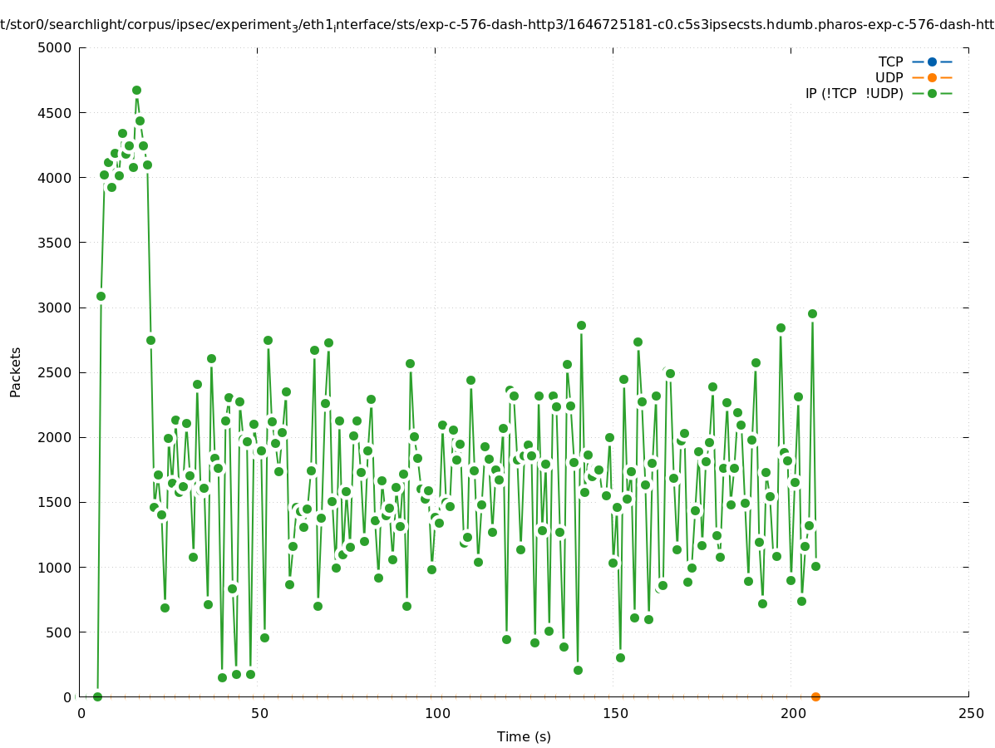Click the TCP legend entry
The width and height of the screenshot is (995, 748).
pyautogui.click(x=890, y=62)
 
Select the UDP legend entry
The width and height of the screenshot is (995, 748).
pyautogui.click(x=889, y=77)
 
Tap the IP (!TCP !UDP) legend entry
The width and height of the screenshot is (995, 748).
pyautogui.click(x=854, y=93)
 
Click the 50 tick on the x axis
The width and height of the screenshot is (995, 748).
pyautogui.click(x=259, y=713)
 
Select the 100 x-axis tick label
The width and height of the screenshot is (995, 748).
pyautogui.click(x=437, y=713)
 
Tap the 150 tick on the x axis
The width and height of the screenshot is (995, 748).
pyautogui.click(x=615, y=713)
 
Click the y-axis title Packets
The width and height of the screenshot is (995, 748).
pyautogui.click(x=16, y=372)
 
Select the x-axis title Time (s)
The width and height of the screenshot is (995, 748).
pyautogui.click(x=524, y=736)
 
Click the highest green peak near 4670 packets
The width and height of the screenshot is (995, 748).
pyautogui.click(x=136, y=90)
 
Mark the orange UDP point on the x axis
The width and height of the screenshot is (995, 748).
pyautogui.click(x=815, y=696)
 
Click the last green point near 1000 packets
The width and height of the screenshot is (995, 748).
pyautogui.click(x=815, y=566)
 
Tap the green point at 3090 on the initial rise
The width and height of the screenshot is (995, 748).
pyautogui.click(x=101, y=296)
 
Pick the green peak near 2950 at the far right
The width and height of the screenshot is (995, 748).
pyautogui.click(x=812, y=313)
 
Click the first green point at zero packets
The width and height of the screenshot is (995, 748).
pyautogui.click(x=97, y=696)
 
